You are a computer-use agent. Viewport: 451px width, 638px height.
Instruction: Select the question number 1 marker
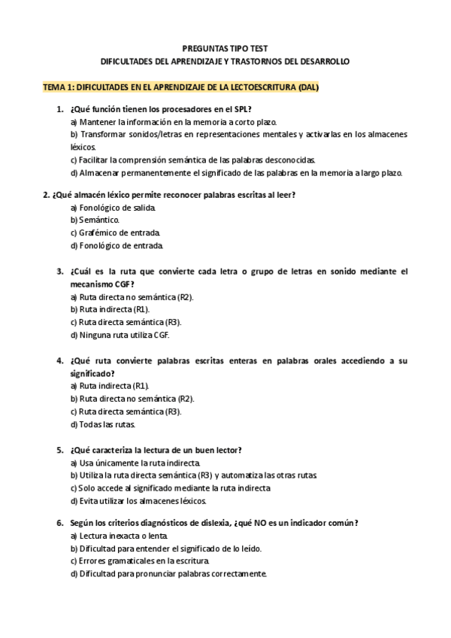pos(59,109)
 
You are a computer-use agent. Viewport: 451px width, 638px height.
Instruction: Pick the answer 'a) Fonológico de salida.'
pos(114,206)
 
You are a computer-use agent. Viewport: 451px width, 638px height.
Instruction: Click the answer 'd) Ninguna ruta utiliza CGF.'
pos(125,335)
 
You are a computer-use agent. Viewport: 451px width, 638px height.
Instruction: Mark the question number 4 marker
pos(59,360)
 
